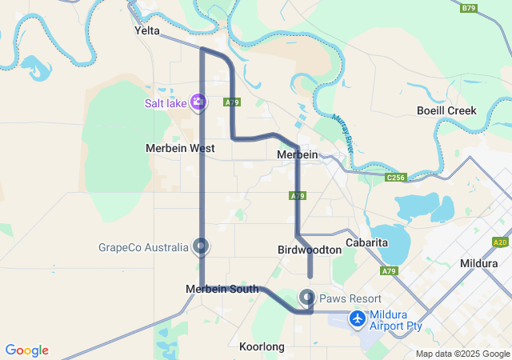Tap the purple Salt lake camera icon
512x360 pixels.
[x=198, y=102]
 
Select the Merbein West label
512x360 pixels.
[x=180, y=148]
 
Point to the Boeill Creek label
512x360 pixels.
[x=446, y=110]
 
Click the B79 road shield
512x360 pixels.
[x=469, y=8]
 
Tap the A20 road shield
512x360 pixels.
[x=501, y=242]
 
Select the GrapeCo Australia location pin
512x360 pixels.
[x=201, y=246]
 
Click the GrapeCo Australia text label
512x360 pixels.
[x=143, y=247]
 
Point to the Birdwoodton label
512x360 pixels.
[x=310, y=250]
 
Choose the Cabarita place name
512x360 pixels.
[x=366, y=242]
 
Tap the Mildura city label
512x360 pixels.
[x=479, y=262]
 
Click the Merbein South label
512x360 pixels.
[x=222, y=289]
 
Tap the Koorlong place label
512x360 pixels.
[x=262, y=346]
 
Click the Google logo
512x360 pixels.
[x=26, y=350]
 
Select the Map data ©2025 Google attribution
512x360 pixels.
[x=463, y=354]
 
